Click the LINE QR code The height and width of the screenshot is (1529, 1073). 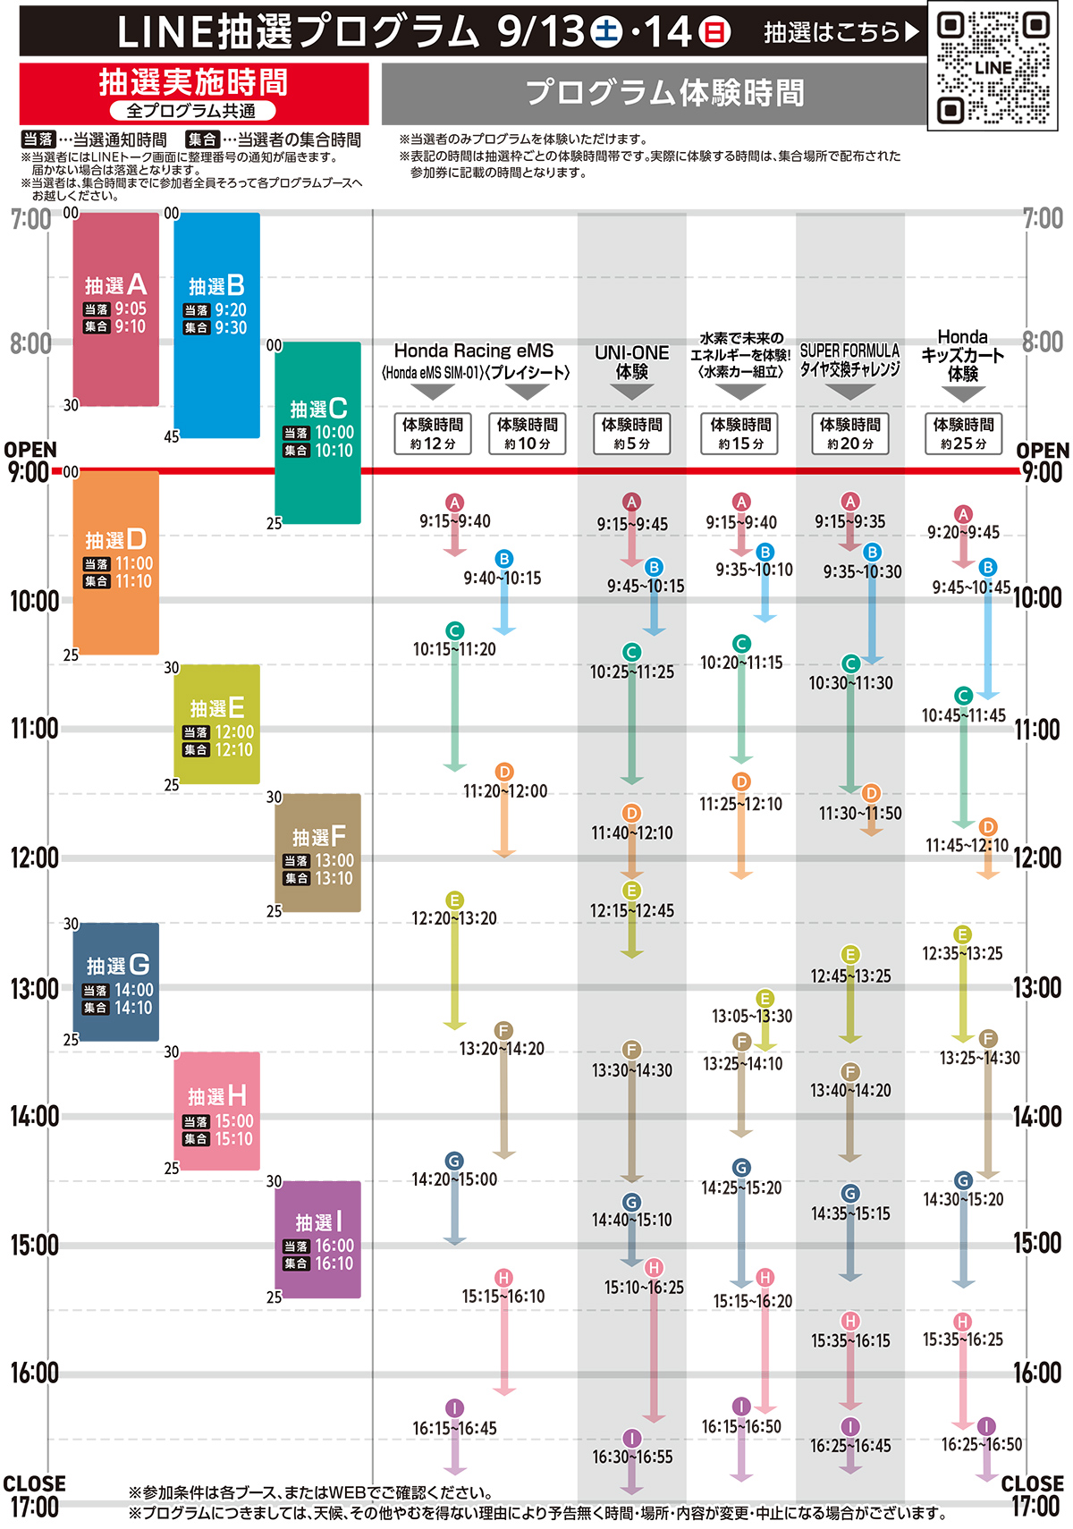coord(993,66)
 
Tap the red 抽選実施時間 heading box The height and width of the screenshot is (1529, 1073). coord(193,92)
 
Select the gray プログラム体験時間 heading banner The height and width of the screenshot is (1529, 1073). coord(663,92)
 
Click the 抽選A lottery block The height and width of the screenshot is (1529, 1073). coord(115,308)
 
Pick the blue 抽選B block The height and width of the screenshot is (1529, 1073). coord(216,325)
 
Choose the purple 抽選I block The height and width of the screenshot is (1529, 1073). coord(317,1239)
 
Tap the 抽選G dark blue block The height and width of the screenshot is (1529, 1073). coord(115,982)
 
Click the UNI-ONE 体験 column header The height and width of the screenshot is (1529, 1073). coord(631,362)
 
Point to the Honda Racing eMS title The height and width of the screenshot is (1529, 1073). coord(474,351)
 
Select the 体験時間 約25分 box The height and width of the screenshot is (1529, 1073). coord(963,434)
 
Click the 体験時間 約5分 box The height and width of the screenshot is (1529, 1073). coord(631,434)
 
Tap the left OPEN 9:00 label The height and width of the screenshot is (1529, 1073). coord(30,461)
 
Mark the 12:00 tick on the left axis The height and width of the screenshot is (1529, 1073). coord(34,858)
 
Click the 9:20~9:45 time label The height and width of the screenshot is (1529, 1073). coord(963,533)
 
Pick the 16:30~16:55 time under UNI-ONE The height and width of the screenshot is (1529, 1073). coord(632,1457)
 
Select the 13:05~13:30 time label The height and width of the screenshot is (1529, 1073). coord(752,1016)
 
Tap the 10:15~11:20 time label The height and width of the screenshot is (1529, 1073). coord(454,650)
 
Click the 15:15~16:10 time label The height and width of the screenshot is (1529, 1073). coord(503,1297)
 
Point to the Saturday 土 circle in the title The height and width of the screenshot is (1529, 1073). coord(605,32)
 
